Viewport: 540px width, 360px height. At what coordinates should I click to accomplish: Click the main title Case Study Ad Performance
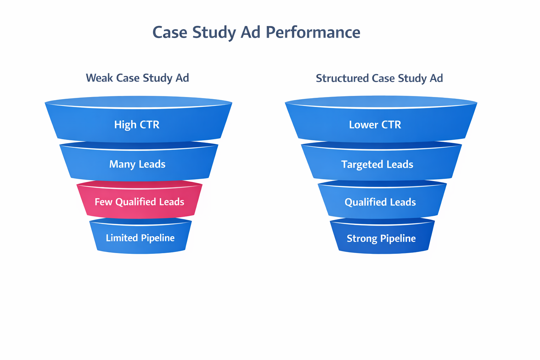pos(256,32)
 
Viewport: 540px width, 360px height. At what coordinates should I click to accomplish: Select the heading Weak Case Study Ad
pos(137,78)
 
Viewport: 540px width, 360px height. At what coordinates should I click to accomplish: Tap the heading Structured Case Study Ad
pos(379,78)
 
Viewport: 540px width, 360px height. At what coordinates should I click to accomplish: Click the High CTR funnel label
pos(137,124)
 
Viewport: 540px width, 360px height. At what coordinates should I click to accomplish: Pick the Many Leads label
pos(137,164)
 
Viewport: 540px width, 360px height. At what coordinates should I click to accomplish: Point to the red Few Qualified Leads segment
pos(140,202)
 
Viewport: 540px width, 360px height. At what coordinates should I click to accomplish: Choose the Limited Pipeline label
pos(140,238)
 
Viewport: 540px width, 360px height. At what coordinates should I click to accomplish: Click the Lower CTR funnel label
pos(375,125)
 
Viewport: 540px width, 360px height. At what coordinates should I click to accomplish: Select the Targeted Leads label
pos(377,165)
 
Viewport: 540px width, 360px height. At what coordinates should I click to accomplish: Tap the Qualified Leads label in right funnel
pos(380,202)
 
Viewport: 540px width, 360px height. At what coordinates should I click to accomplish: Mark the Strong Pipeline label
pos(381,239)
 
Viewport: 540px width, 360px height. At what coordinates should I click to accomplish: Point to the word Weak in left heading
pos(100,78)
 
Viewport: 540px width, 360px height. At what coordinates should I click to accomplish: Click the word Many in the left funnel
pos(122,164)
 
